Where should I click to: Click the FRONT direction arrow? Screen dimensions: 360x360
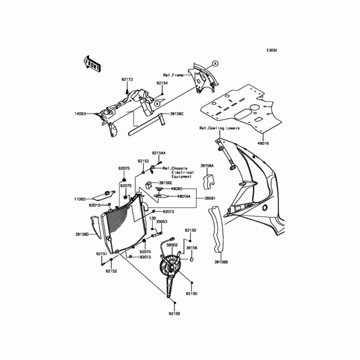click(91, 64)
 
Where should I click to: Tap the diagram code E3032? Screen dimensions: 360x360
click(271, 50)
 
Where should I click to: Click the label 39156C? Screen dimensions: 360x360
click(176, 114)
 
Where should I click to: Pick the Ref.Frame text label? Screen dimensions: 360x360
click(173, 76)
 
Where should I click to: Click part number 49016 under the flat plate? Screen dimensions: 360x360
click(263, 143)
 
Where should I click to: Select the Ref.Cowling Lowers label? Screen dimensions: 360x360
click(220, 128)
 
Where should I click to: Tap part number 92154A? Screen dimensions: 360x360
click(158, 153)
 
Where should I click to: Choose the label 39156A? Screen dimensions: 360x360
click(207, 166)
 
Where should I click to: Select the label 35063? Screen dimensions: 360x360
click(162, 222)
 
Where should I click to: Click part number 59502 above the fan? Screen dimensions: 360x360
click(172, 245)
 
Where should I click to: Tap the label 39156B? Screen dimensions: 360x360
click(221, 262)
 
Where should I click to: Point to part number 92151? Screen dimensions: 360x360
click(101, 254)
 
